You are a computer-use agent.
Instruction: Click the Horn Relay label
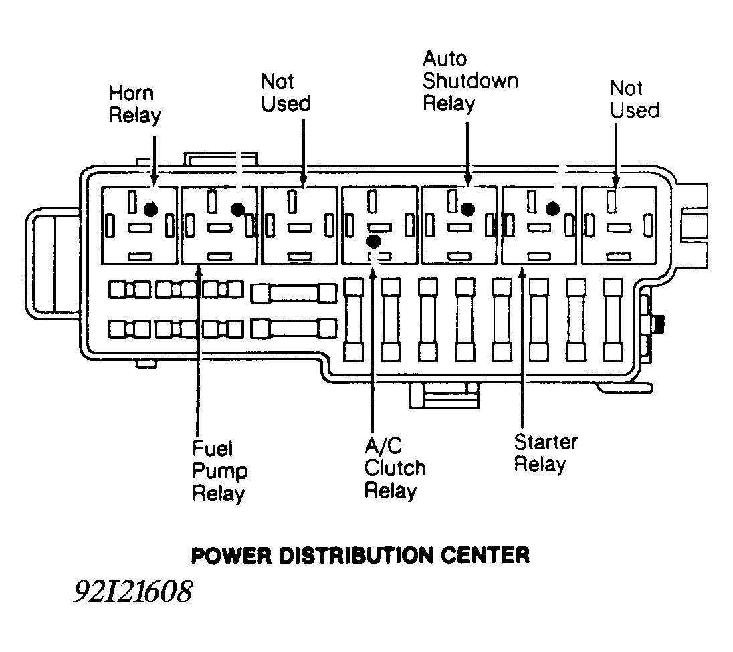tap(134, 104)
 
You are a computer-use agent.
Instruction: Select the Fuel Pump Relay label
tap(219, 471)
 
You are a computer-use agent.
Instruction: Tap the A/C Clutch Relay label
tap(394, 469)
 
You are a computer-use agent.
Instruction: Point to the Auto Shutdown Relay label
tap(469, 81)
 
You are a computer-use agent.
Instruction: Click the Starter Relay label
tap(545, 453)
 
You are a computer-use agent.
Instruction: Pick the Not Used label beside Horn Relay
tap(286, 92)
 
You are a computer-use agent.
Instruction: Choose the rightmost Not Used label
tap(634, 99)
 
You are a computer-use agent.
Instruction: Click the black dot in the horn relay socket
tap(151, 209)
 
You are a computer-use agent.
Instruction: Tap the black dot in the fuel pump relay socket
tap(237, 209)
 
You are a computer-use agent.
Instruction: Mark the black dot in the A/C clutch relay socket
tap(374, 240)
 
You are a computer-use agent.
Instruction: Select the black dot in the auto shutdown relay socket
tap(467, 209)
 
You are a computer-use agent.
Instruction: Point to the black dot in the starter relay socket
tap(552, 209)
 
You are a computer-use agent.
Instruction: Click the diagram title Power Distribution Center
tap(360, 554)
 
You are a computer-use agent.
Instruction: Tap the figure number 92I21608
tap(133, 592)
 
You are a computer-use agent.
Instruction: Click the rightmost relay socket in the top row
tap(619, 225)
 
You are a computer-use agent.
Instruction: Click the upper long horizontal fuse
tap(294, 293)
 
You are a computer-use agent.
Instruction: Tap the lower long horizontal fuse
tap(294, 328)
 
